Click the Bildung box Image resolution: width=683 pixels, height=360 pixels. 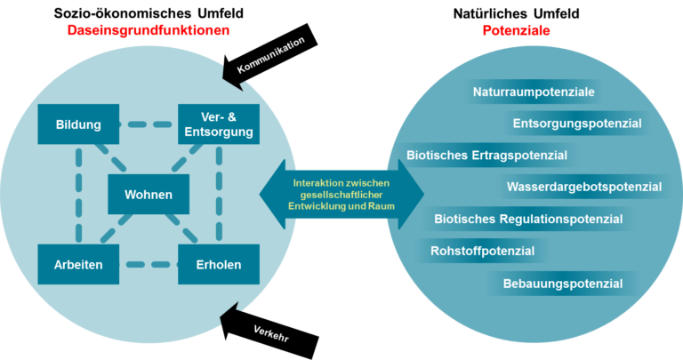pos(78,124)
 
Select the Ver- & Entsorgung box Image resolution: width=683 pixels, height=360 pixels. pos(219,124)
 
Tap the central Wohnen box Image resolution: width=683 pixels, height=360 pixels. pos(149,194)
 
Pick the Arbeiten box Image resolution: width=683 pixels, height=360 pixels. pos(78,264)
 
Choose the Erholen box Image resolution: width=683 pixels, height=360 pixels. pos(219,264)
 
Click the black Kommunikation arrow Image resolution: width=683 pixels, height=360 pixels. pos(270,57)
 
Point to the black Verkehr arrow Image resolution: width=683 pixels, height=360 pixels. pos(270,331)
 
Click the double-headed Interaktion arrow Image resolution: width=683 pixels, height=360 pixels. pos(341,194)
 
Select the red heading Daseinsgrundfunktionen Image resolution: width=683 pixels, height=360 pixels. pos(149,30)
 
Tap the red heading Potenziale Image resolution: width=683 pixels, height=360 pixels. pos(516,30)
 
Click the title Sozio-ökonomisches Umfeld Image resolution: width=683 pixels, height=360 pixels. pos(149,13)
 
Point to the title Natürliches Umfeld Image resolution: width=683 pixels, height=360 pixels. pos(516,13)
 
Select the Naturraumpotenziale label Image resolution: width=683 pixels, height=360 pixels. pos(534,92)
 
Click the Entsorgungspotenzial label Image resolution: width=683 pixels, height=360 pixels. pos(577,124)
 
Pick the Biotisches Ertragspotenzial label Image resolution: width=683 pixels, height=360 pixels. pos(487,156)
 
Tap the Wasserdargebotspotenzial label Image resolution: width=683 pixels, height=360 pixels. pos(584,188)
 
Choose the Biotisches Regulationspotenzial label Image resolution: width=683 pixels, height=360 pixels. pos(528,219)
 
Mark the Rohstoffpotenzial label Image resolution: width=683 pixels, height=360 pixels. pos(483,252)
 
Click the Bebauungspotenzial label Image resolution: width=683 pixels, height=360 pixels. pos(563,284)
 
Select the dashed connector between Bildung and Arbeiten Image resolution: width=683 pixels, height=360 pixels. pos(78,194)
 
